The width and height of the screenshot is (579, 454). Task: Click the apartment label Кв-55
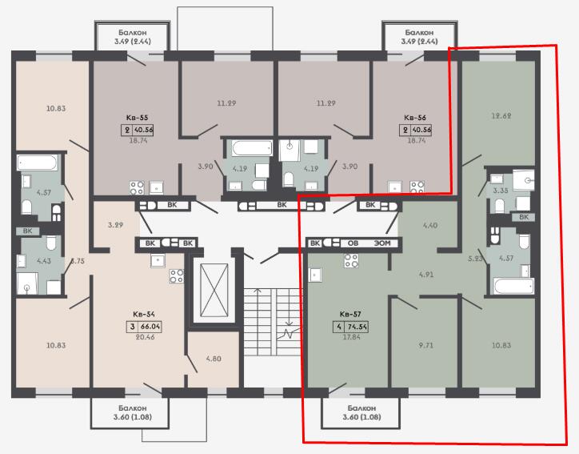coord(137,118)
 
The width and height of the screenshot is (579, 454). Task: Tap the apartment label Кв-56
coord(415,118)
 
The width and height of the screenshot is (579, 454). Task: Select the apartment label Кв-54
coord(144,314)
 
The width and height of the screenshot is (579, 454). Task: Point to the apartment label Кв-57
coord(350,314)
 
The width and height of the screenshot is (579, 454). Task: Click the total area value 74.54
coord(357,327)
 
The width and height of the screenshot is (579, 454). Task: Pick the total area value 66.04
coord(150,327)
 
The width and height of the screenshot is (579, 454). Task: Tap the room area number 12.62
coord(501,116)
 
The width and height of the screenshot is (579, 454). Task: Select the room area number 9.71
coord(425,346)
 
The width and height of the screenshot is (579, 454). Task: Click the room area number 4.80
coord(214,359)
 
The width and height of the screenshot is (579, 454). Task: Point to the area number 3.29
coord(116,225)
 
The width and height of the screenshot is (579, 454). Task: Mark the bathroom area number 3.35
coord(501,191)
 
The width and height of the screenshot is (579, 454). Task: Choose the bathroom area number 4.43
coord(44,261)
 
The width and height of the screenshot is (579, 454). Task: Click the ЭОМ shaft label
coord(382,243)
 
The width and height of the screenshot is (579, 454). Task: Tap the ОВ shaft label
coord(353,243)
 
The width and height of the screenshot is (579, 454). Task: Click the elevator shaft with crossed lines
coord(214,290)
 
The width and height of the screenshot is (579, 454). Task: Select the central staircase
coord(273,322)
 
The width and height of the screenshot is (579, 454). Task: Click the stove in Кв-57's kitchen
coord(351,261)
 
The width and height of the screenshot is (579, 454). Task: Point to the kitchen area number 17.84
coord(352,337)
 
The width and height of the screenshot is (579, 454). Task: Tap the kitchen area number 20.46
coord(145,337)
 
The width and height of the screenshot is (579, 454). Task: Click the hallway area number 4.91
coord(426,275)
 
